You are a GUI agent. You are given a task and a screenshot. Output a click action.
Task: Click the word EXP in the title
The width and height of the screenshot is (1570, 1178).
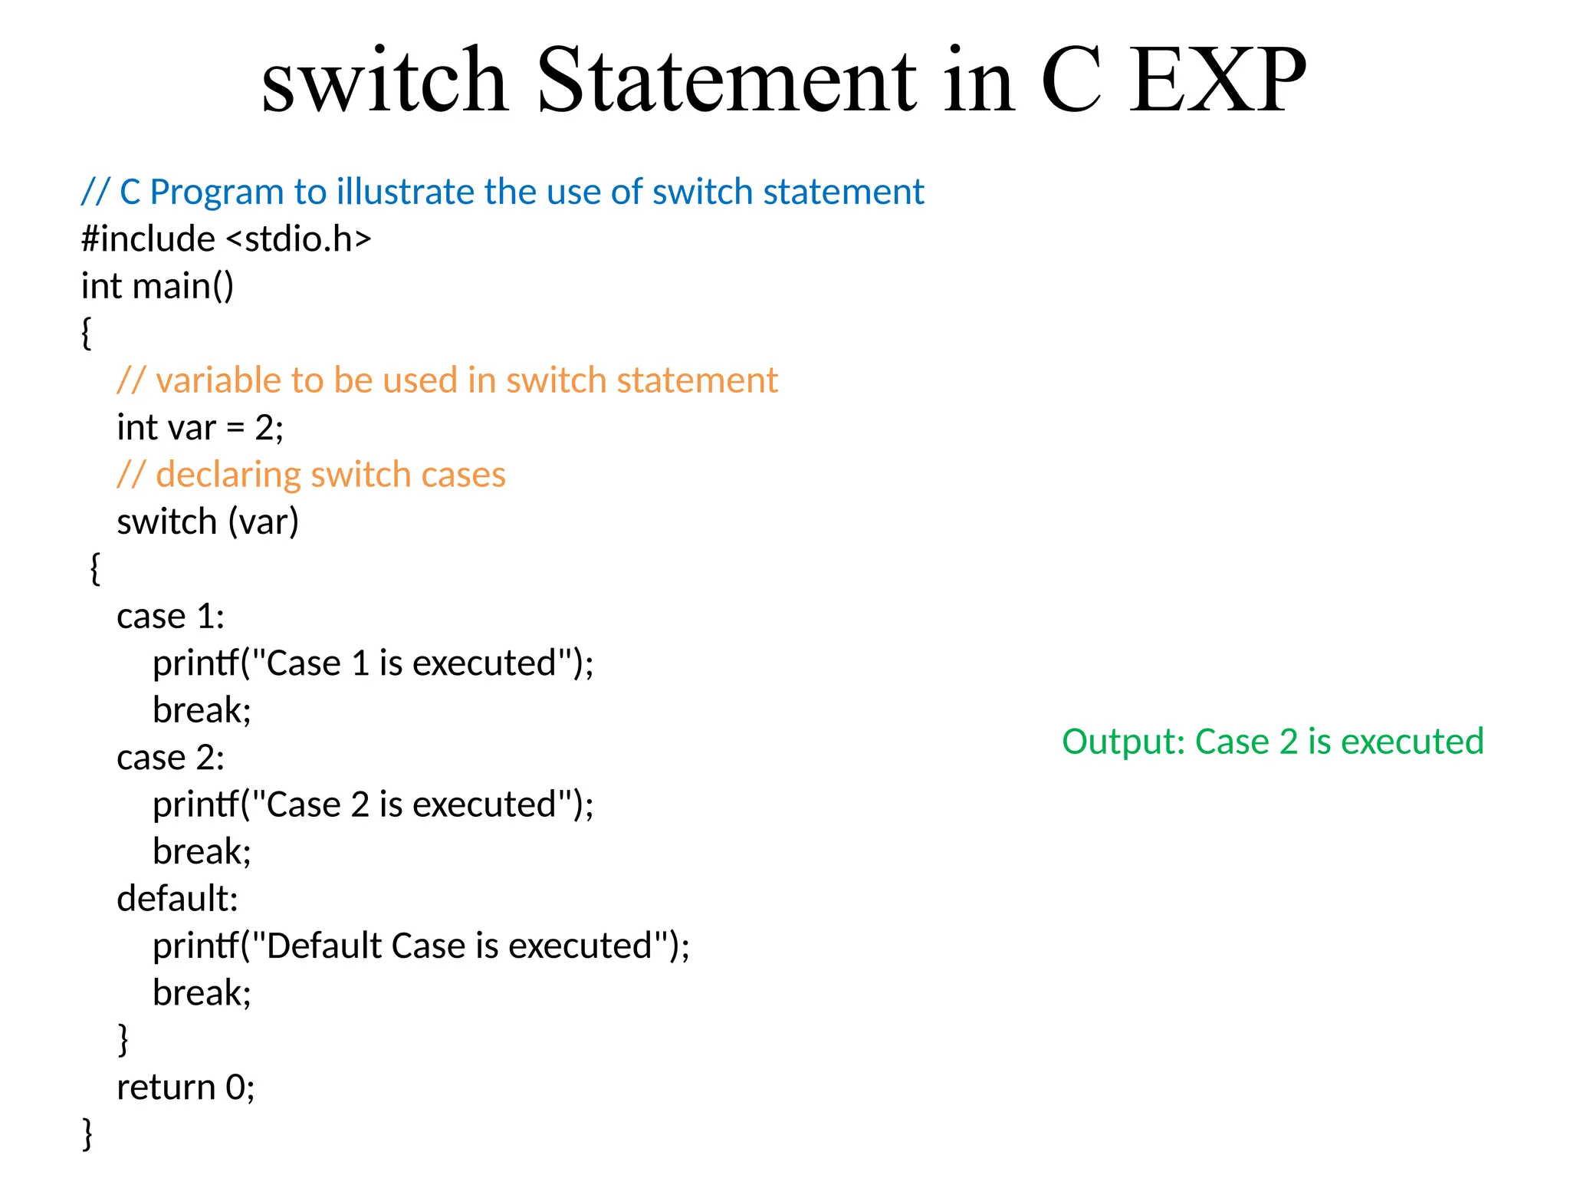tap(1217, 81)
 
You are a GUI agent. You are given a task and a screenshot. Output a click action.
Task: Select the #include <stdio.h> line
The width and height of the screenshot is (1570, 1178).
tap(226, 239)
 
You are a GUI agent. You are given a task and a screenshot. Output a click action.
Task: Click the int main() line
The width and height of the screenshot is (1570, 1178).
tap(157, 286)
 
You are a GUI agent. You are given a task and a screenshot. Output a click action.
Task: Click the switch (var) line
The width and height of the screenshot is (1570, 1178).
tap(207, 522)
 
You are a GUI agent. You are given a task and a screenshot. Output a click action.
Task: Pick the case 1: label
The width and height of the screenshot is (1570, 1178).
tap(170, 617)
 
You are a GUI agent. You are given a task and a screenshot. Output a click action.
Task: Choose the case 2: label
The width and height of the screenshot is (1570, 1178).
tap(170, 758)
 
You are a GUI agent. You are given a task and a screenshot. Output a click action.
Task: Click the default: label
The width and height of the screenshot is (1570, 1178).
tap(177, 899)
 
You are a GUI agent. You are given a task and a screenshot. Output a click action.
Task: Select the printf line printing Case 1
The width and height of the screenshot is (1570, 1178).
tap(373, 663)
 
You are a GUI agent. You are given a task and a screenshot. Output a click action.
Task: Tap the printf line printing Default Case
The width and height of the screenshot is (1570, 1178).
tap(421, 946)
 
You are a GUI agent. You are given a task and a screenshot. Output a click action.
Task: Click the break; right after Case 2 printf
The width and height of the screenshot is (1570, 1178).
tap(202, 851)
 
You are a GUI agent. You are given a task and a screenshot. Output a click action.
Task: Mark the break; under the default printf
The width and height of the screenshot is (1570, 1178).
tap(202, 993)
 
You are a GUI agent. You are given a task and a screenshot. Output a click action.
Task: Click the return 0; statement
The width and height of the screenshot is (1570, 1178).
tap(186, 1088)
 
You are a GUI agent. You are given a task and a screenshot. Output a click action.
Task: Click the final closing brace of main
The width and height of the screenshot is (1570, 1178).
tap(87, 1134)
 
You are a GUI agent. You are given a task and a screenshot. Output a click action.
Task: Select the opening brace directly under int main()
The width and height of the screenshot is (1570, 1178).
tap(87, 334)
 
